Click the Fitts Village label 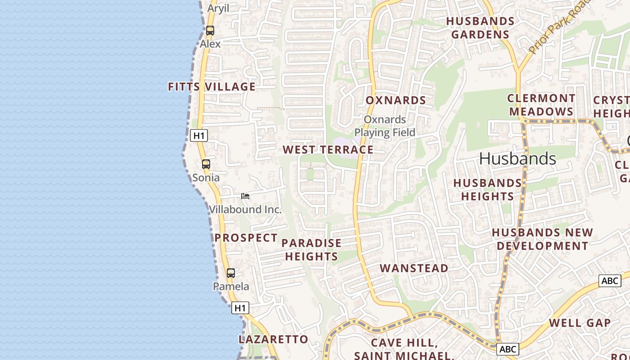[x=211, y=86]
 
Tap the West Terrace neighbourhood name [x=328, y=150]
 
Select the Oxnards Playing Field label [x=385, y=126]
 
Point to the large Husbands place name [x=517, y=158]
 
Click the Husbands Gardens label [x=480, y=28]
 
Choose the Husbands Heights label [x=487, y=190]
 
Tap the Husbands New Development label [x=542, y=239]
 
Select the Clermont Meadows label [x=541, y=105]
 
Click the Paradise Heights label [x=311, y=250]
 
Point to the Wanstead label [x=414, y=269]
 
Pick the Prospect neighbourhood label [x=246, y=238]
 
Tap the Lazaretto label [x=273, y=339]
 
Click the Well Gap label [x=580, y=323]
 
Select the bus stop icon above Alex [x=210, y=31]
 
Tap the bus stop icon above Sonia [x=206, y=164]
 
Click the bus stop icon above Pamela [x=231, y=273]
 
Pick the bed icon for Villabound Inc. [x=245, y=196]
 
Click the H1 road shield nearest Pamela [x=240, y=308]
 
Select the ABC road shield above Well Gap [x=610, y=281]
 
